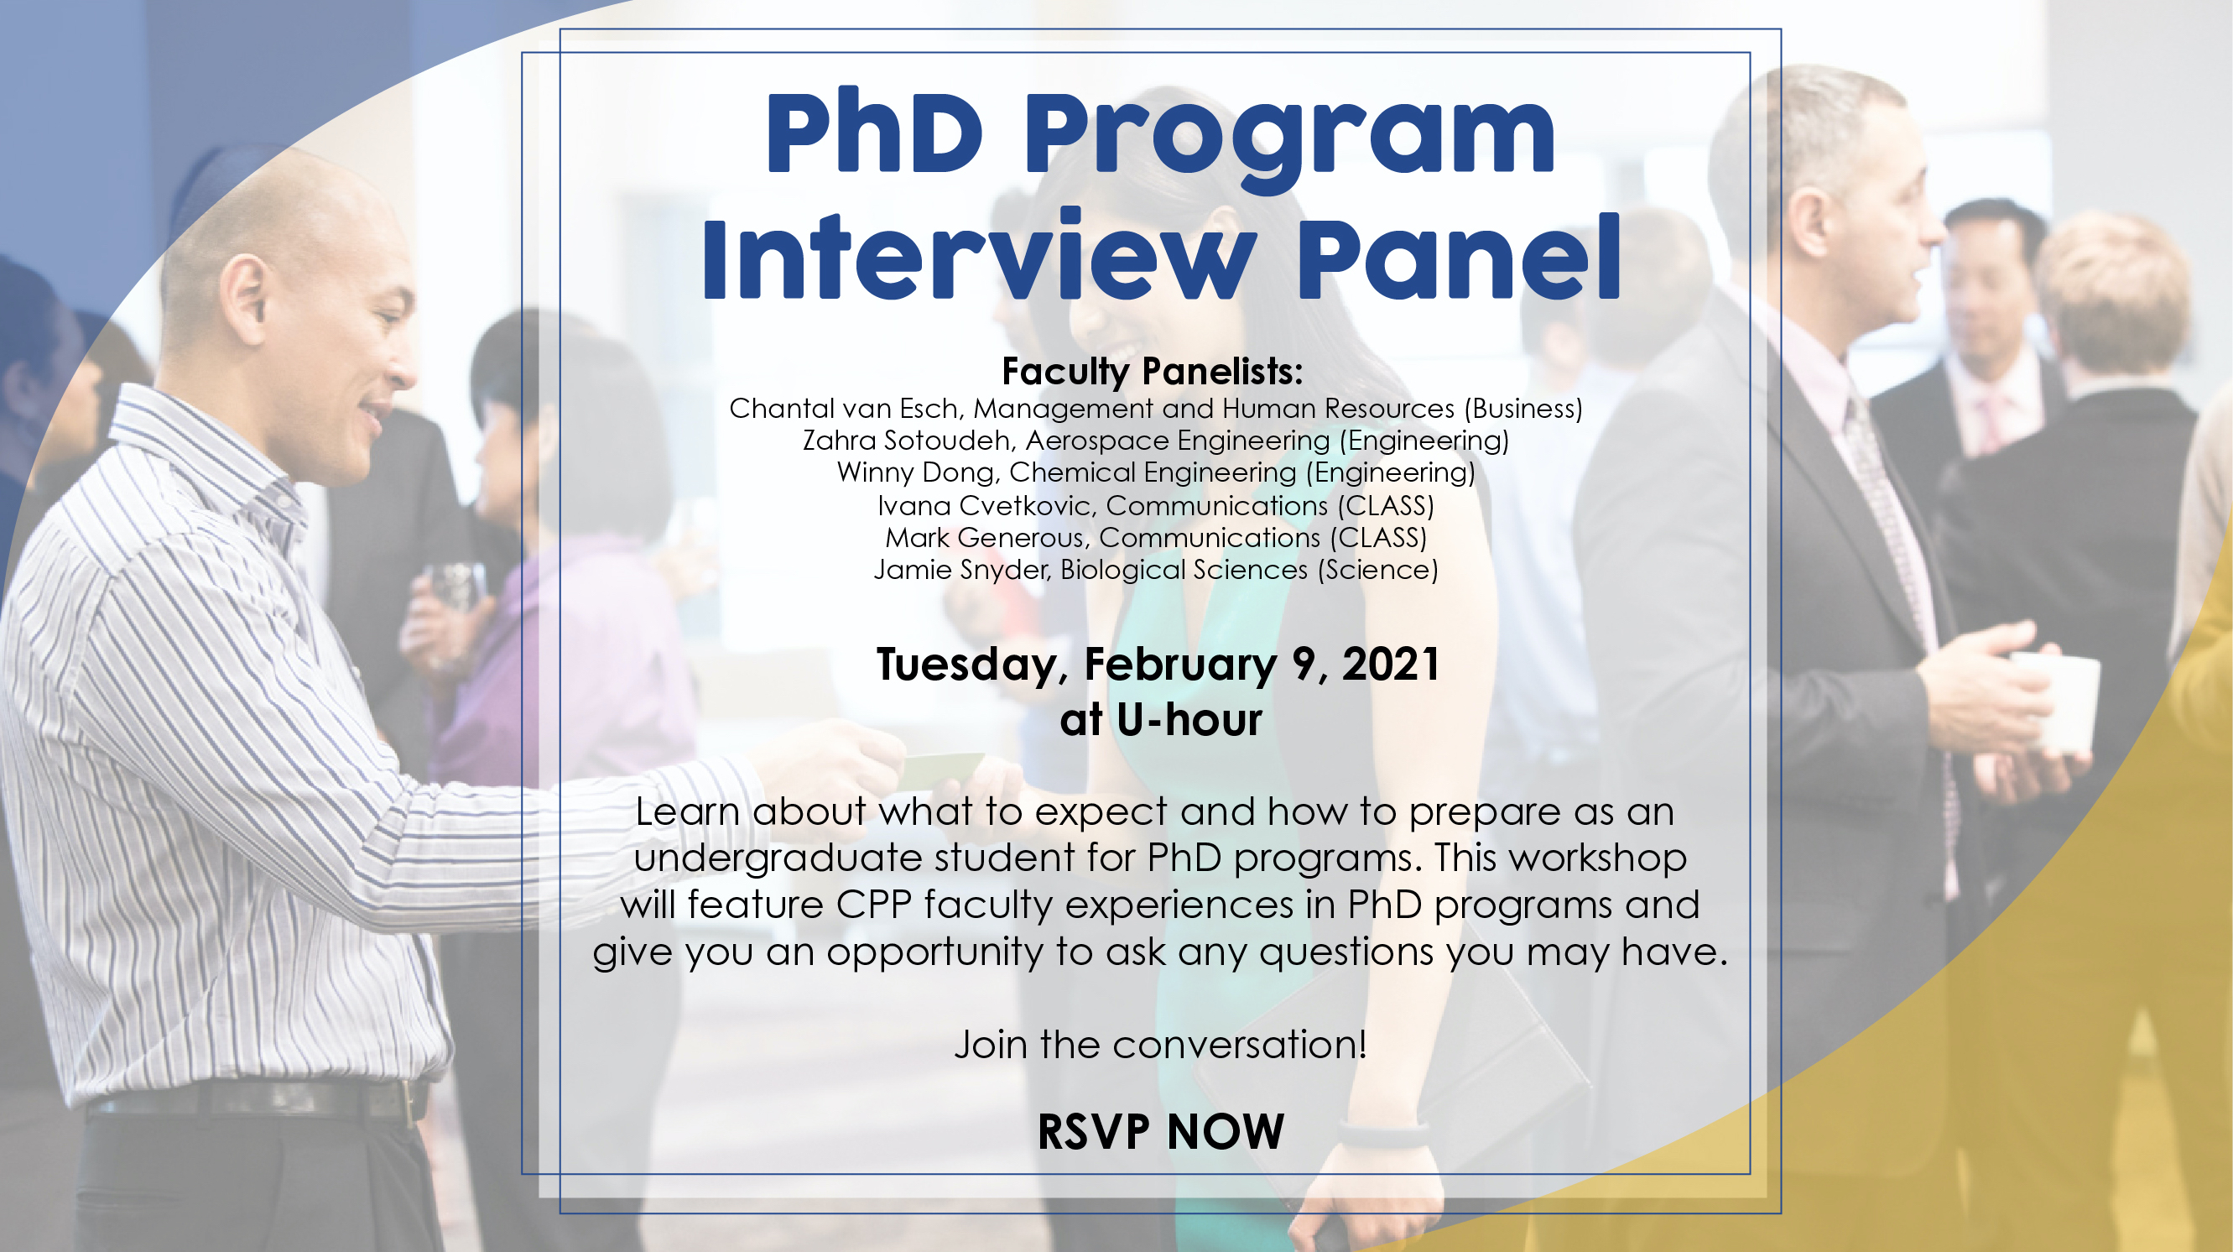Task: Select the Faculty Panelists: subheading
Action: [1152, 371]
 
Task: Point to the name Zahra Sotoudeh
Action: [906, 441]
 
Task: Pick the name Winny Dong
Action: [914, 472]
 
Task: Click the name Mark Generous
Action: [984, 538]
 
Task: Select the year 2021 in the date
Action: [1391, 664]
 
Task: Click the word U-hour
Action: [1189, 720]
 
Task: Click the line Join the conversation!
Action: [1161, 1044]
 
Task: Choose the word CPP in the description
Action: [874, 905]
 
